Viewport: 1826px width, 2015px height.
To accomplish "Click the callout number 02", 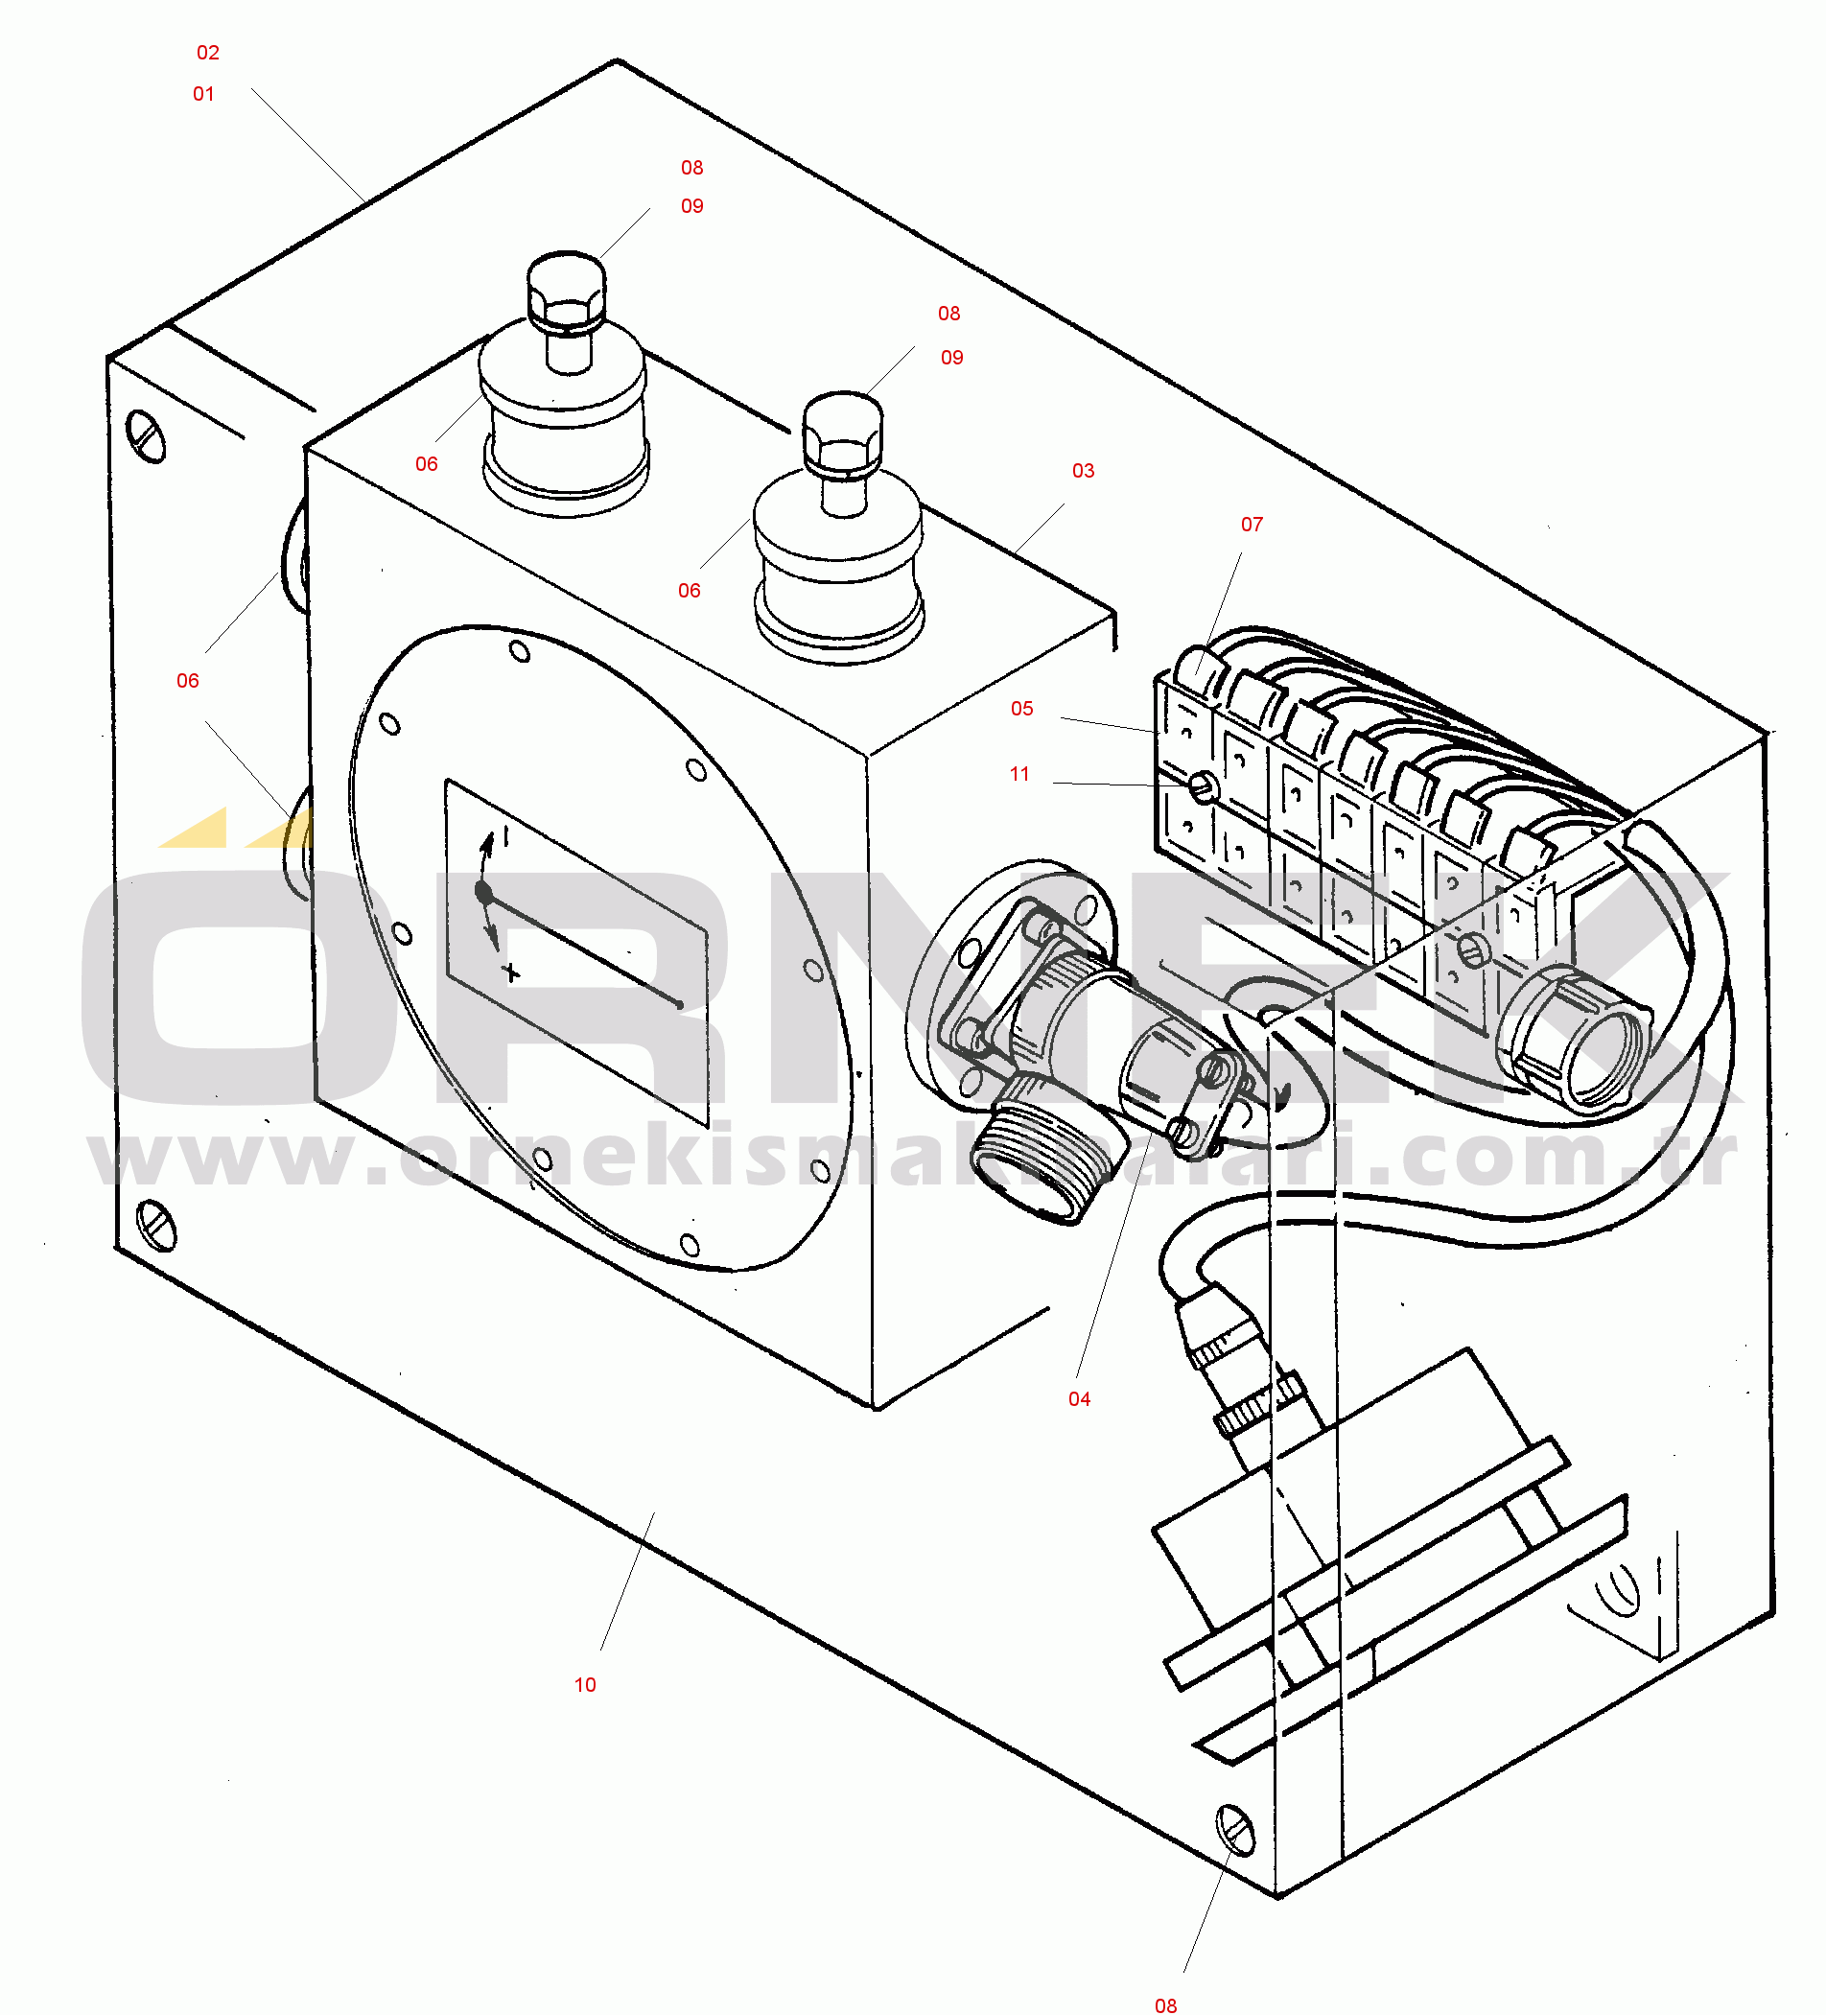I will coord(208,53).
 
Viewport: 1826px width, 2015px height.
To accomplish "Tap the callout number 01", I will coord(204,94).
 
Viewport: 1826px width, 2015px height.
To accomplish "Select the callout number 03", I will coord(1084,471).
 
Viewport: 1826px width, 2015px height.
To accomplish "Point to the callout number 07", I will coord(1252,525).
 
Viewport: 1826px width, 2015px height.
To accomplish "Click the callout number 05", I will coord(1021,709).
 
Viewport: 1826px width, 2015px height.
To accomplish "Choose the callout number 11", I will coord(1019,775).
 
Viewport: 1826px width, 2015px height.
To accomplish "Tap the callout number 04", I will coord(1080,1399).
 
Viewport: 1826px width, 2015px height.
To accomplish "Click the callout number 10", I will coord(585,1685).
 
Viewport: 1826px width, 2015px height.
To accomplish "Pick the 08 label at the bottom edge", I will coord(1166,2005).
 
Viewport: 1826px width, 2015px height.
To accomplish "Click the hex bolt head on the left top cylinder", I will coord(566,291).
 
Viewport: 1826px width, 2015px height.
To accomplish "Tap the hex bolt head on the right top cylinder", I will coord(843,432).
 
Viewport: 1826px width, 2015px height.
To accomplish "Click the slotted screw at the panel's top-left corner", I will coord(147,436).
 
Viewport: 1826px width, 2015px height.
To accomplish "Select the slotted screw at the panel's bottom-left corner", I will coord(156,1226).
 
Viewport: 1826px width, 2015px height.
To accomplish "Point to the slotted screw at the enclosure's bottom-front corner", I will coord(1235,1830).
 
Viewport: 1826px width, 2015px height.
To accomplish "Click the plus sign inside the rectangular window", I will coord(512,972).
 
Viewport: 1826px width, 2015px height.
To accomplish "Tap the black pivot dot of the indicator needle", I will coord(484,892).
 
